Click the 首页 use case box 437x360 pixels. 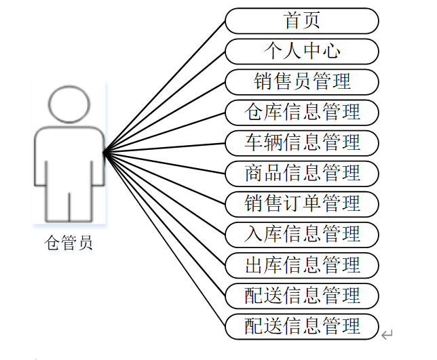click(301, 20)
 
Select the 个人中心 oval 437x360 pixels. click(301, 51)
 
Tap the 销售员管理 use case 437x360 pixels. click(301, 81)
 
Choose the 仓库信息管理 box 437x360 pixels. click(301, 112)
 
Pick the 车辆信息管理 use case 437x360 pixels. click(301, 142)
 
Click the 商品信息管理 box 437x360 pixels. click(301, 173)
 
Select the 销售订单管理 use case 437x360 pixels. click(301, 203)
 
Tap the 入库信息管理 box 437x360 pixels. click(301, 234)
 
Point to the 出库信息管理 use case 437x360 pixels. click(301, 264)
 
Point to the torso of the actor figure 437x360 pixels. click(69, 159)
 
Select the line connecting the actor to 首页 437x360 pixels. click(164, 87)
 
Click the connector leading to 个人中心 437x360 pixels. click(164, 102)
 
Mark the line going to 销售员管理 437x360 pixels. click(164, 117)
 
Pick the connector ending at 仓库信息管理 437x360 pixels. click(164, 133)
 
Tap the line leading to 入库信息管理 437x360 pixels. click(164, 193)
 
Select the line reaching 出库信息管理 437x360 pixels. click(164, 209)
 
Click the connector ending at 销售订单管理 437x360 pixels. click(164, 178)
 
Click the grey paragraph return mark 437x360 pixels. click(387, 334)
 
